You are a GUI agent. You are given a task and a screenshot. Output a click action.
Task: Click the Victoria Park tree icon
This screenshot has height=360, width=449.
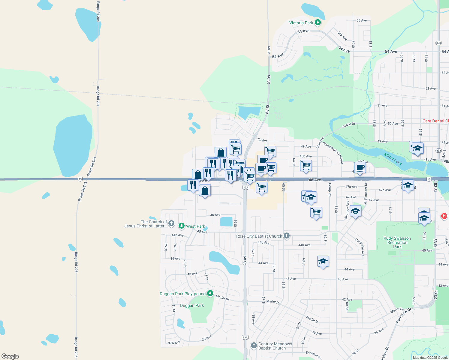click(318, 22)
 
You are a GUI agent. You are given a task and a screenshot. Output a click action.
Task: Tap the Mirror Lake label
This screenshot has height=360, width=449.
click(393, 158)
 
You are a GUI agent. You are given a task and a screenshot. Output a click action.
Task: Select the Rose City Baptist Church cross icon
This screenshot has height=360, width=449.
click(287, 236)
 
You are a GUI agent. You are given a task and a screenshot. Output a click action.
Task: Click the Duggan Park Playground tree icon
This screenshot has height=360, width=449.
click(210, 293)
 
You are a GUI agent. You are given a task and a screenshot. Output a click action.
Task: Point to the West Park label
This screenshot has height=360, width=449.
click(195, 226)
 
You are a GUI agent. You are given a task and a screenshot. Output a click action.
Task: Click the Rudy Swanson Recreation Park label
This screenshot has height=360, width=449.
click(397, 242)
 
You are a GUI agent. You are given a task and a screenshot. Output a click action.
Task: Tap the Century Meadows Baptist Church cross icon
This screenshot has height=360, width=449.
click(254, 346)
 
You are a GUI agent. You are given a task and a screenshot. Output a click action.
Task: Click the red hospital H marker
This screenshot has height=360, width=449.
click(444, 216)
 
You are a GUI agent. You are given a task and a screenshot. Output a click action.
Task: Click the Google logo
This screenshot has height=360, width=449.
click(10, 356)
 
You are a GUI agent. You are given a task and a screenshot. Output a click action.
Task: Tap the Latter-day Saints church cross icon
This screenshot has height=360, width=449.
click(171, 223)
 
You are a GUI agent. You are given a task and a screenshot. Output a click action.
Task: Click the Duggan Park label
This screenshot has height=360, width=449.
click(192, 305)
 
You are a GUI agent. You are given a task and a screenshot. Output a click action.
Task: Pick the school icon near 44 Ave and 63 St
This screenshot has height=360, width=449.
click(323, 261)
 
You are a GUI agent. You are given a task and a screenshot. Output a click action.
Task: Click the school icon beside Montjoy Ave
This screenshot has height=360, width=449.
click(355, 211)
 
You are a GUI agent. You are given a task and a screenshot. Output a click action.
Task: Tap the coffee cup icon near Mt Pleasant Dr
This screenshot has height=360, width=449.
click(360, 168)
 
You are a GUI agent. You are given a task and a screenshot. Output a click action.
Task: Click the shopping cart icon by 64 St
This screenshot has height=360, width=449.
click(306, 165)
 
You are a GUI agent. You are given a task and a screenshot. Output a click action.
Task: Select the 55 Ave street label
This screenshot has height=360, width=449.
click(362, 20)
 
